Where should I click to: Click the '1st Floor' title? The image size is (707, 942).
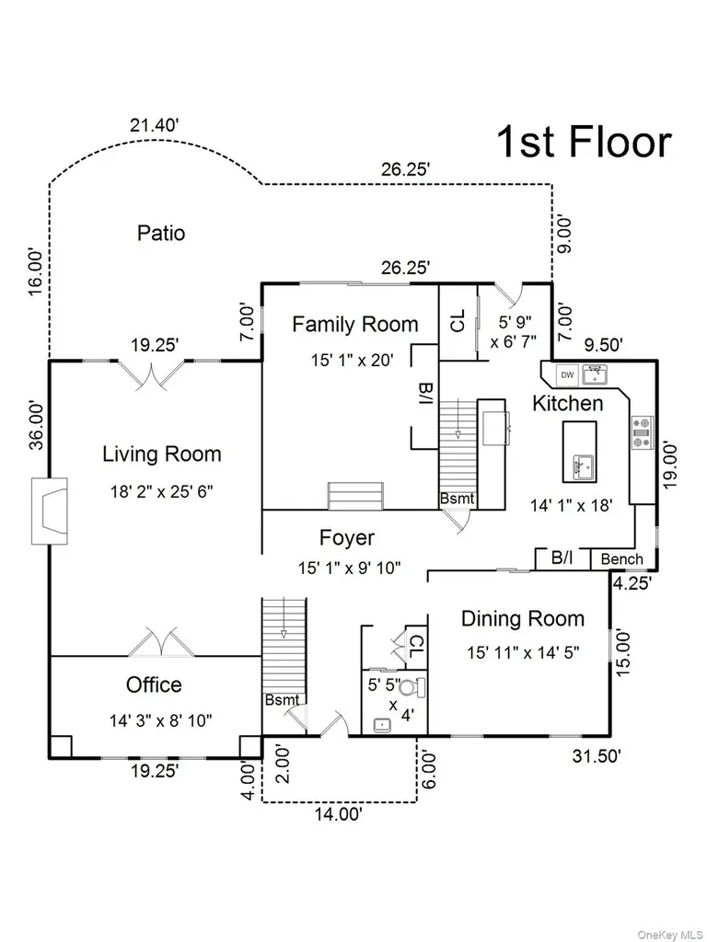585,142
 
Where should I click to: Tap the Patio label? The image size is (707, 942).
160,233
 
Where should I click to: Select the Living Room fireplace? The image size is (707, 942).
50,511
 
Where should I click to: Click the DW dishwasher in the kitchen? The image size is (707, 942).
567,375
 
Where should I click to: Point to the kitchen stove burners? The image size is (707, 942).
642,432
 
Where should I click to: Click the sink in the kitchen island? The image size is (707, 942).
583,467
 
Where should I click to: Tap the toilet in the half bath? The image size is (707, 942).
411,687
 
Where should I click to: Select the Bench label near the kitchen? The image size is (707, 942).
621,559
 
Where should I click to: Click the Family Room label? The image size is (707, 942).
355,325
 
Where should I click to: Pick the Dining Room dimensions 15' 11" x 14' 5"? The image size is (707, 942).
523,652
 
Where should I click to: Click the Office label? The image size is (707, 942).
154,684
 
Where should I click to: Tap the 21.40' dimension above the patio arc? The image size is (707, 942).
155,125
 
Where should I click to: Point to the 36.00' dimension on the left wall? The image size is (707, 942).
37,425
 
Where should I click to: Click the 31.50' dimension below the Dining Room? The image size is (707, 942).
597,756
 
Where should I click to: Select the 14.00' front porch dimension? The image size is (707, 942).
339,814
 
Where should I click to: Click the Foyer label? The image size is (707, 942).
347,537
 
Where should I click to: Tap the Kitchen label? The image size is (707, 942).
567,403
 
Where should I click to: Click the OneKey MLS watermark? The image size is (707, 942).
669,935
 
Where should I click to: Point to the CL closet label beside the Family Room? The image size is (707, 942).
458,321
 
